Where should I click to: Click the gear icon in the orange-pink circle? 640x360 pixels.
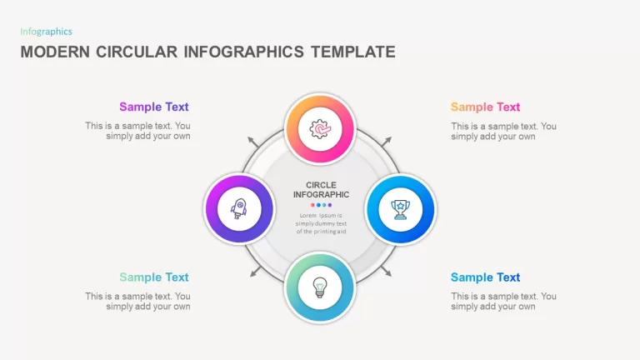(320, 129)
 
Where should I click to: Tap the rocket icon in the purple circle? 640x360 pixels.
(239, 208)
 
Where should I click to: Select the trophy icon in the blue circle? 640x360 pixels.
(400, 209)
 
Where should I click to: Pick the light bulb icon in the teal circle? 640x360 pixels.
(320, 287)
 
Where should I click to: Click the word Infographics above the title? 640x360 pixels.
(46, 32)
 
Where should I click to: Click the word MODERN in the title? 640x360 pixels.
(55, 52)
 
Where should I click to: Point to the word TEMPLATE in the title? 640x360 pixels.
(353, 52)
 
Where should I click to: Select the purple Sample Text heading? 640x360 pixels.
(154, 107)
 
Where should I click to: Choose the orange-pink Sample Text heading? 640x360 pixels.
(485, 107)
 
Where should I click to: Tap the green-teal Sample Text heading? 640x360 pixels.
(154, 277)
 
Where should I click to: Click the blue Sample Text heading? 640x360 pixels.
(485, 277)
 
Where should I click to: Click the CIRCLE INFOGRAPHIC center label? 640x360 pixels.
(321, 190)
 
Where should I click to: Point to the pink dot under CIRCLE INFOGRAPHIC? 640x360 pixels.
(312, 205)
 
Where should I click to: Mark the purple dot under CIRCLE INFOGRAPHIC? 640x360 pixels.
(330, 205)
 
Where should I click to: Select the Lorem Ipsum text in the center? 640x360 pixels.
(321, 223)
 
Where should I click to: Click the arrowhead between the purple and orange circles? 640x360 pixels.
(252, 141)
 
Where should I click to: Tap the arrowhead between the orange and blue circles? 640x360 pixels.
(387, 141)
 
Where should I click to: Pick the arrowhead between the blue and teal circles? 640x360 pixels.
(387, 272)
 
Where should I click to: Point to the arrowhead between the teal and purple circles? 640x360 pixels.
(255, 272)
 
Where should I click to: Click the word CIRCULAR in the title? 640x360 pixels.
(137, 52)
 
